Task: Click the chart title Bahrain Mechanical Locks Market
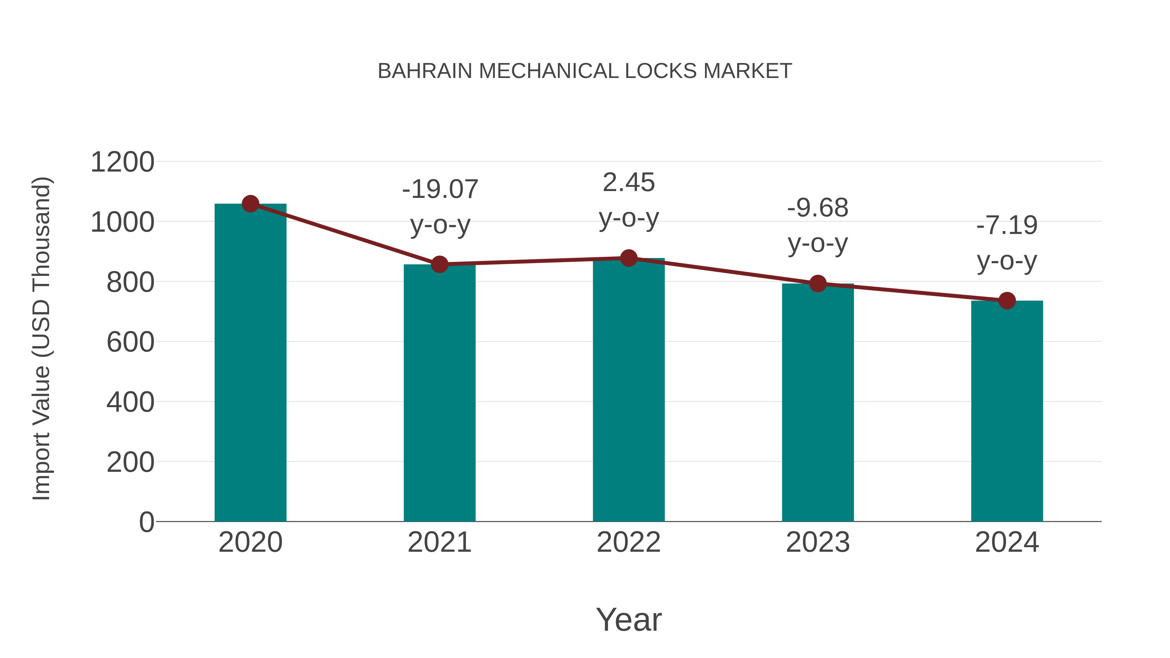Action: pyautogui.click(x=585, y=71)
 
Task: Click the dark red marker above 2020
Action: pyautogui.click(x=250, y=204)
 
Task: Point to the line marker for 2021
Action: pyautogui.click(x=439, y=264)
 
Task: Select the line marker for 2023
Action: pyautogui.click(x=818, y=284)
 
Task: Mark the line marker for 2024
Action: pyautogui.click(x=1007, y=301)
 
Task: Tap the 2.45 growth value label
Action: pyautogui.click(x=629, y=183)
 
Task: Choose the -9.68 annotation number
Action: pyautogui.click(x=818, y=208)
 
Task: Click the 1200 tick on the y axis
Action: pyautogui.click(x=122, y=162)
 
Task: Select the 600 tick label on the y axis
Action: pyautogui.click(x=130, y=342)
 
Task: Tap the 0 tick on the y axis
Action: pyautogui.click(x=146, y=522)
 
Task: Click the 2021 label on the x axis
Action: pyautogui.click(x=439, y=542)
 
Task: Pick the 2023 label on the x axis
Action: pyautogui.click(x=818, y=542)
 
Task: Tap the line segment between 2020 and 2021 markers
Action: pyautogui.click(x=345, y=234)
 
